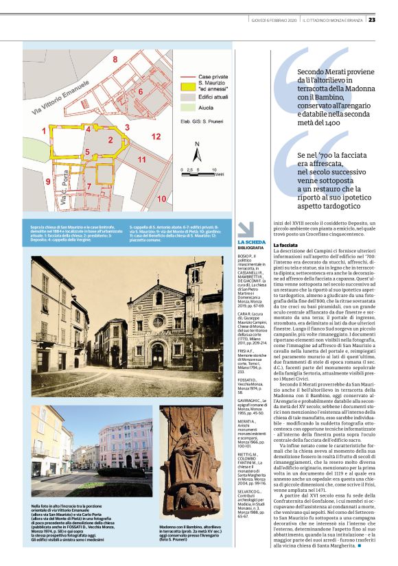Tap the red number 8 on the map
pos(115,59)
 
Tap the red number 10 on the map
pos(161,199)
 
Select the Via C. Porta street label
pos(62,197)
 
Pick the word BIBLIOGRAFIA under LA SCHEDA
pos(252,248)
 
